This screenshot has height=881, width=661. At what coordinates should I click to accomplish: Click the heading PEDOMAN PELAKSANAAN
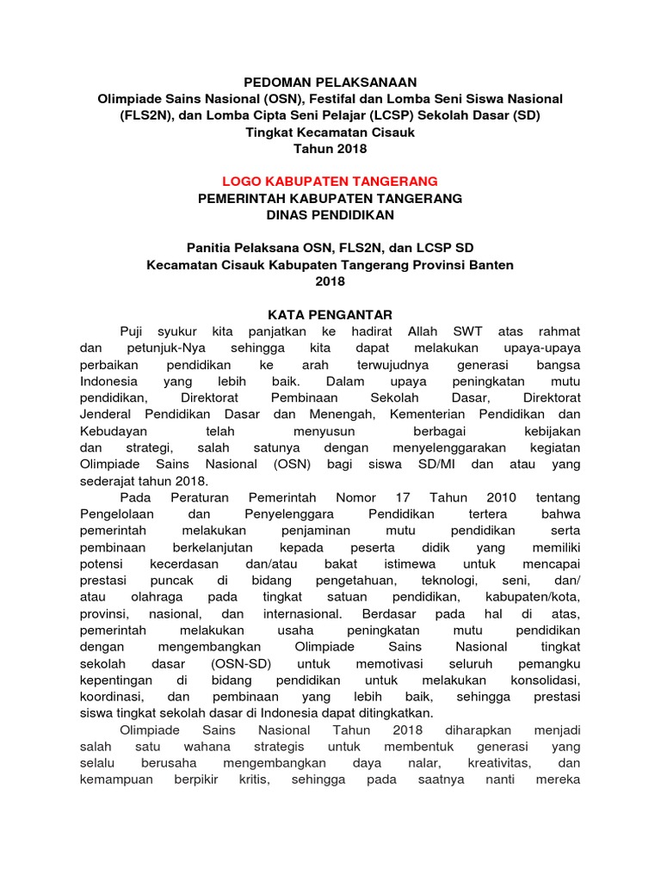tap(330, 83)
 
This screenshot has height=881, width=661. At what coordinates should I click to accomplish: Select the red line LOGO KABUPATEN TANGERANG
tap(330, 182)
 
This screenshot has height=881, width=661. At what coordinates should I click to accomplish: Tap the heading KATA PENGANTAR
tap(330, 315)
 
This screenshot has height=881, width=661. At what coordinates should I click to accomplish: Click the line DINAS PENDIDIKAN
tap(330, 214)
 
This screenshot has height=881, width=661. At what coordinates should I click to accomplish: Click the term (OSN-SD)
tap(242, 663)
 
